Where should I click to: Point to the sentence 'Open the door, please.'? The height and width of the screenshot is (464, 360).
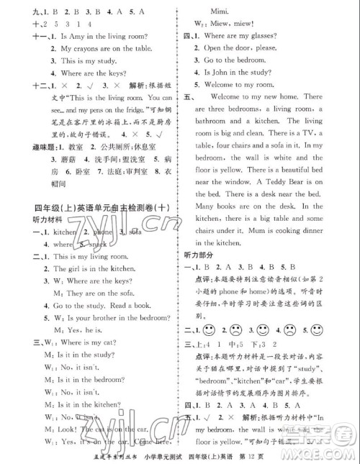pyautogui.click(x=241, y=47)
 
